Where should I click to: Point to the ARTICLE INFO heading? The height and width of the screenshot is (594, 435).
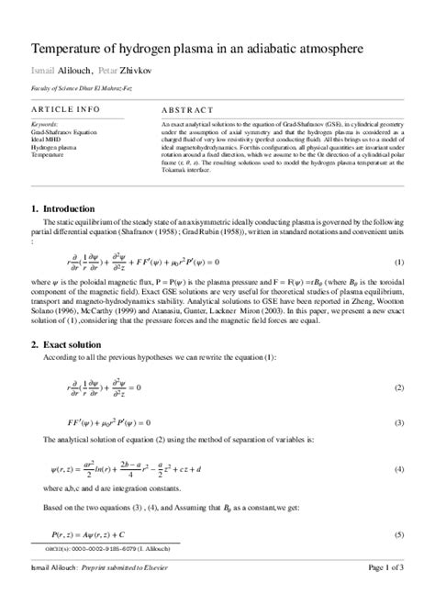point(61,108)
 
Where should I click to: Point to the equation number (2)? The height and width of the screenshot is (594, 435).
point(399,388)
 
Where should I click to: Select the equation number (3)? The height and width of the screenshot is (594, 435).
point(399,422)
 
